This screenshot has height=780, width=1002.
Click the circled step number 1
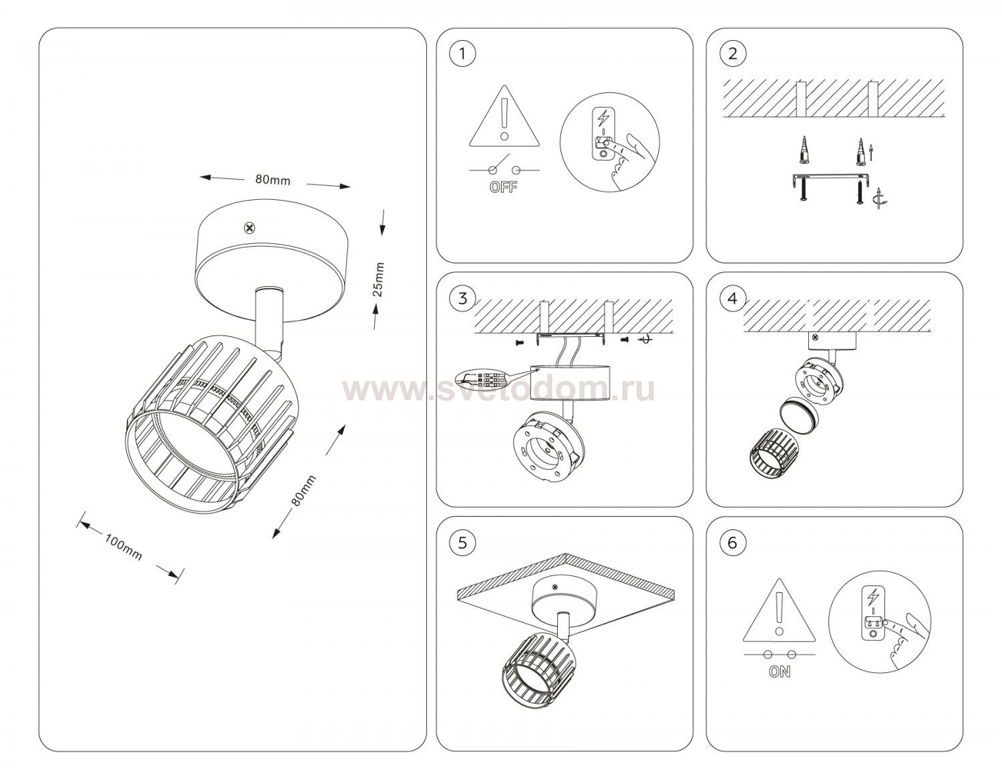coord(462,53)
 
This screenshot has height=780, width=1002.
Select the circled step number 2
coord(732,53)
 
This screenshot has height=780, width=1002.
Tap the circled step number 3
coord(462,298)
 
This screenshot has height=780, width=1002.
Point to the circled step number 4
coord(732,298)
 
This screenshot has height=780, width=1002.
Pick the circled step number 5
coord(462,543)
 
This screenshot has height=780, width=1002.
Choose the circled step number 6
coord(732,543)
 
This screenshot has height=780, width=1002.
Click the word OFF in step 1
coord(503,187)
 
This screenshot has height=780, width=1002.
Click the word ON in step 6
coord(780,672)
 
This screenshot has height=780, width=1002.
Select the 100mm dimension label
coord(124,547)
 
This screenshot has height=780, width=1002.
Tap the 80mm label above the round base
coord(273,179)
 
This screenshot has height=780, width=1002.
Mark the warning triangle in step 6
coord(780,610)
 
